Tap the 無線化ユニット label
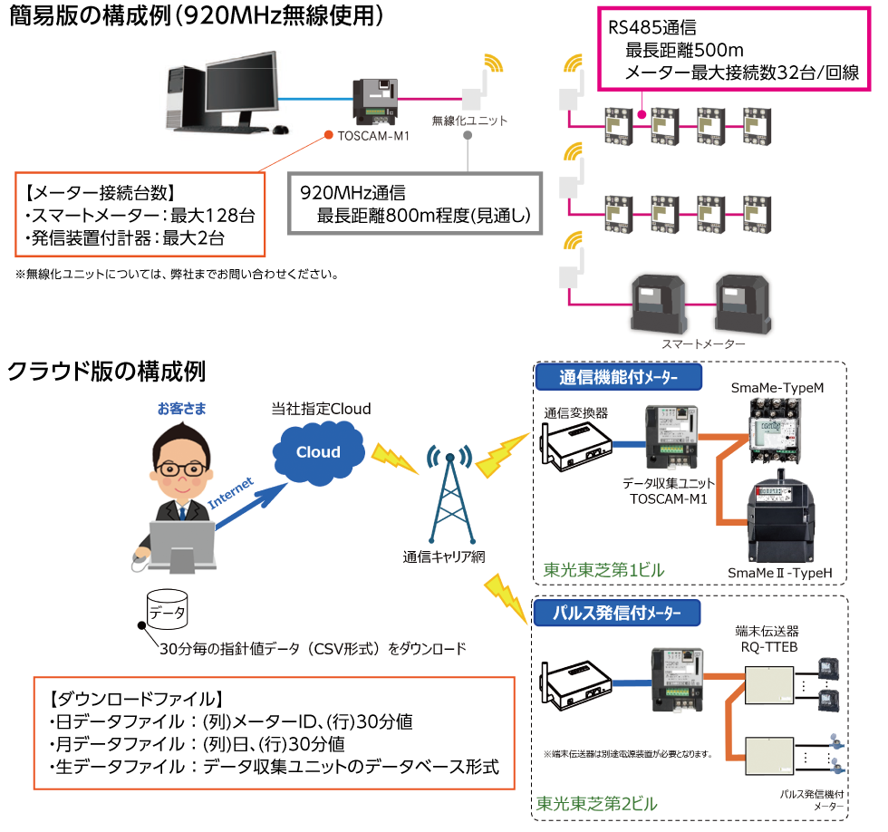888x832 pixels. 469,121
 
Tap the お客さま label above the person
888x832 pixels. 181,409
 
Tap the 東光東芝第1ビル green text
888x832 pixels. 604,570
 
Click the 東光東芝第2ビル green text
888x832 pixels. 597,803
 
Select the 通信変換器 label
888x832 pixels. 576,411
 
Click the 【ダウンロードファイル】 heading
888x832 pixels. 132,700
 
